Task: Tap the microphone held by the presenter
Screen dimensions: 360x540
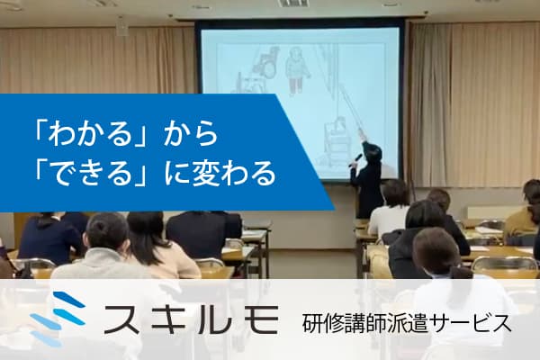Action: click(357, 157)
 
